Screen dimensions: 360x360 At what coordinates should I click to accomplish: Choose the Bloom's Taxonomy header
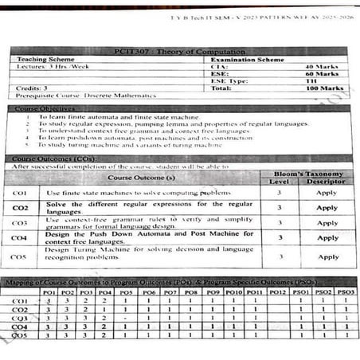tap(306, 174)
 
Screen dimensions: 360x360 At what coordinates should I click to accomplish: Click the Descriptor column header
tap(327, 182)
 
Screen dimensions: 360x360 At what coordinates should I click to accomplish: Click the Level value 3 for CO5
tap(279, 256)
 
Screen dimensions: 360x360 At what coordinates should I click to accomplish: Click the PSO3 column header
tap(346, 292)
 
